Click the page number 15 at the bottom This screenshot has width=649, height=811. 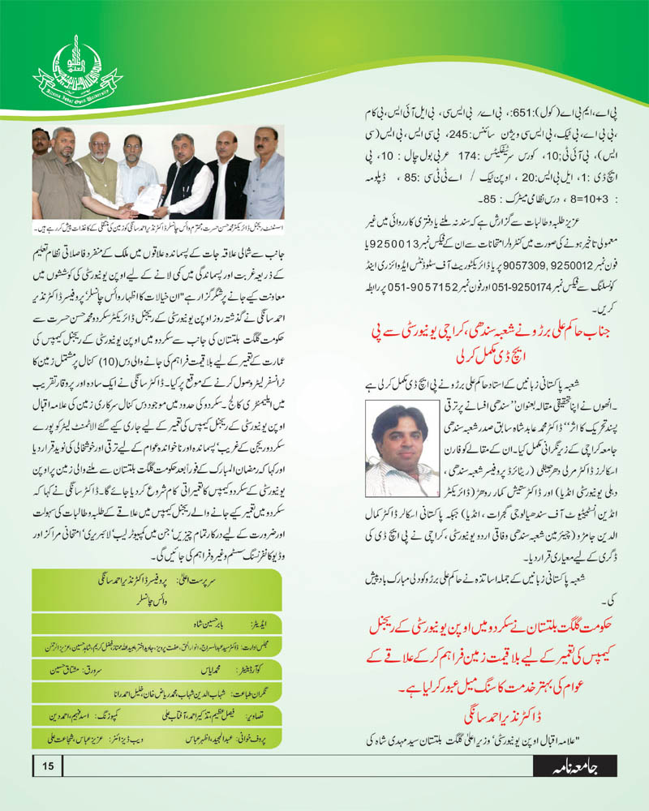[48, 765]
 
